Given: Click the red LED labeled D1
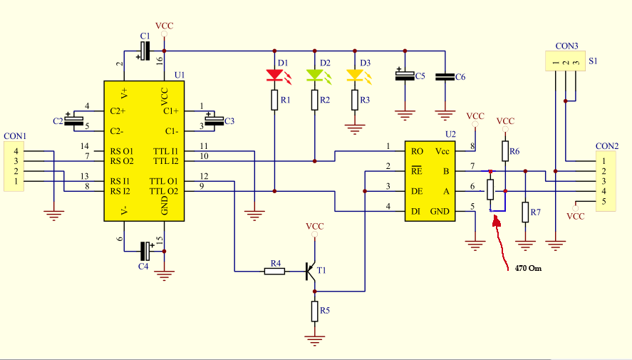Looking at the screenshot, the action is click(x=274, y=76).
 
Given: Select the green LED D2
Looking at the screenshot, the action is click(x=314, y=76).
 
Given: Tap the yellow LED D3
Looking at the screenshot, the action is click(x=355, y=76).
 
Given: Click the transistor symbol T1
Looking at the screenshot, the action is click(x=311, y=272).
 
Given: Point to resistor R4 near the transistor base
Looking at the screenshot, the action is click(x=274, y=272).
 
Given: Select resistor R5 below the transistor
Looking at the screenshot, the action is click(x=314, y=312).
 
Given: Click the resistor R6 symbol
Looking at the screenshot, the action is click(x=505, y=151).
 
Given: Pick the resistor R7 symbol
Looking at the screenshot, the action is click(x=525, y=212).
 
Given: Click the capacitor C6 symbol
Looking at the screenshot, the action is click(x=445, y=76).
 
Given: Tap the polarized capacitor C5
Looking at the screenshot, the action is click(x=405, y=76).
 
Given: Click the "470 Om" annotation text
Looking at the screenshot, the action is click(x=528, y=268).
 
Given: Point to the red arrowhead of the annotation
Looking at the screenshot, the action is click(x=496, y=220).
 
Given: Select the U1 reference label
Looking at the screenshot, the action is click(x=180, y=75).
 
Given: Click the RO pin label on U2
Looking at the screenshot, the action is click(x=417, y=152).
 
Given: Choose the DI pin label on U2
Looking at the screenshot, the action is click(x=415, y=211).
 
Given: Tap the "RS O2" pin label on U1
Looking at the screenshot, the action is click(x=122, y=161).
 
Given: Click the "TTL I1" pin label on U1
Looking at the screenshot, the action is click(x=165, y=152).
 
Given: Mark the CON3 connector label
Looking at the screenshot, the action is click(x=566, y=46).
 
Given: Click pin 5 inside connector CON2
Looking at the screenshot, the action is click(x=603, y=201).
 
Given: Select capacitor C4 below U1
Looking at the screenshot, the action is click(x=145, y=251).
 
